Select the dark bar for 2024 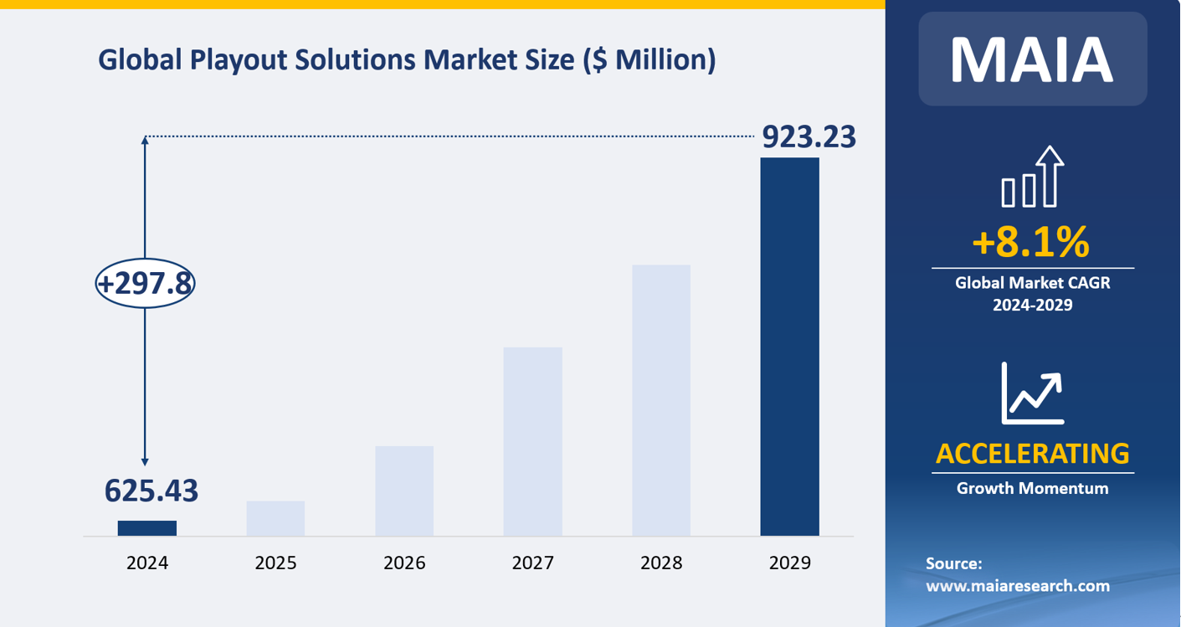point(147,528)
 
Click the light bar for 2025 point(275,518)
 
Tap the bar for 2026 point(404,491)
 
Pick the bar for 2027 point(532,441)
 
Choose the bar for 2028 point(661,400)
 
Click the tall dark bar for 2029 point(789,347)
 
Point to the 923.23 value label point(809,136)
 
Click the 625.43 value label point(151,491)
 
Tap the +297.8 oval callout point(146,284)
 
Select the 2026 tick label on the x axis point(404,563)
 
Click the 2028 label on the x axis point(661,563)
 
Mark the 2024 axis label point(147,563)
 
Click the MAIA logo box point(1032,59)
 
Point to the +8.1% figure point(1031,242)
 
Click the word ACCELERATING point(1032,453)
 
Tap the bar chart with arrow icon point(1032,177)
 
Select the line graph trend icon point(1032,393)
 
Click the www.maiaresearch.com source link point(1017,586)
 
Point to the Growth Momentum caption point(1032,488)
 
